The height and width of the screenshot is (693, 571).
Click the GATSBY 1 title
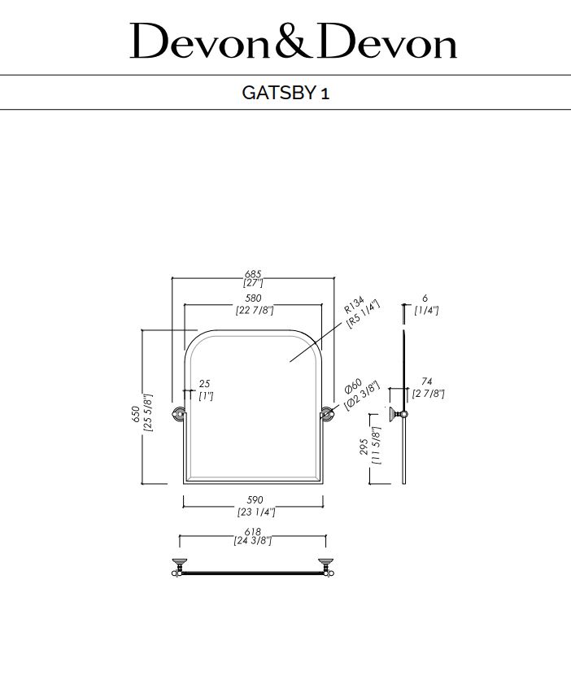tap(285, 92)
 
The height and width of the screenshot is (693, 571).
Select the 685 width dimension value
tap(253, 274)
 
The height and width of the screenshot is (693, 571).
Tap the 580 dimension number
tap(253, 299)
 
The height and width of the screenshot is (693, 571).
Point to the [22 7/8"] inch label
tap(254, 310)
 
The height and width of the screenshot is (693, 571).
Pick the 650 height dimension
tap(135, 413)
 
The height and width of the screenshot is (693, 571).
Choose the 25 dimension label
tap(204, 383)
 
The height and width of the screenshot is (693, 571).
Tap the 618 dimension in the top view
tap(253, 531)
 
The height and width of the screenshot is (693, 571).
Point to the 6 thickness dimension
tap(425, 299)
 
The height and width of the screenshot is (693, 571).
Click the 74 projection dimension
tap(426, 381)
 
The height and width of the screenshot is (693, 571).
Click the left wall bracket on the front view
tap(177, 412)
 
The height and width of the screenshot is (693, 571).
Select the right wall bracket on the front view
tap(328, 412)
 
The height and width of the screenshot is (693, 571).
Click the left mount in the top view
tap(178, 566)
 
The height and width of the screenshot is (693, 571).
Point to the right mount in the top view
tap(328, 566)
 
